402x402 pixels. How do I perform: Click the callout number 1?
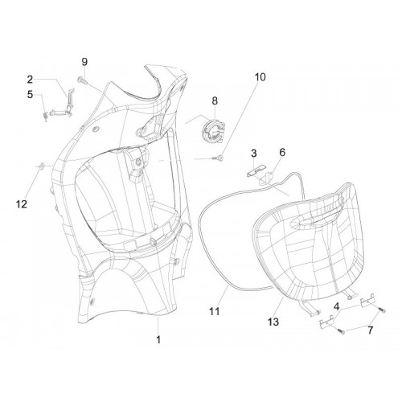click(x=158, y=339)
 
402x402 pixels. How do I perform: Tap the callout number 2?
click(x=30, y=79)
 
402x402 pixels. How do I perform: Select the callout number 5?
click(x=30, y=94)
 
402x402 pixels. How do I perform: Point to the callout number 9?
click(x=84, y=62)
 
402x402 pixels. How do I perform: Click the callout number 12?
click(x=22, y=204)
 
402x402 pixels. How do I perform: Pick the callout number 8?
click(x=215, y=101)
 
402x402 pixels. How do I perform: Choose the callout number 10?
click(x=260, y=77)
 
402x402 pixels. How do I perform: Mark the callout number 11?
click(x=215, y=311)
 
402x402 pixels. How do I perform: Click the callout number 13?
click(x=273, y=322)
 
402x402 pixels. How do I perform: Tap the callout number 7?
click(x=370, y=330)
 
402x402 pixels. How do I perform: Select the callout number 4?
click(x=336, y=307)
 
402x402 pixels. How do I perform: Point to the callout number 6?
click(x=282, y=152)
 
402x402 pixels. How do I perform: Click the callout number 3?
click(x=254, y=154)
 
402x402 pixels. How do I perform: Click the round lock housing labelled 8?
click(x=214, y=130)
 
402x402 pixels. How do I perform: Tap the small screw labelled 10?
click(x=218, y=158)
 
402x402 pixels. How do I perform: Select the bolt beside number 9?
click(x=81, y=80)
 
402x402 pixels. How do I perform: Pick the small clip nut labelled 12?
click(x=41, y=166)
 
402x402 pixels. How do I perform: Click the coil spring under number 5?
click(x=46, y=117)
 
